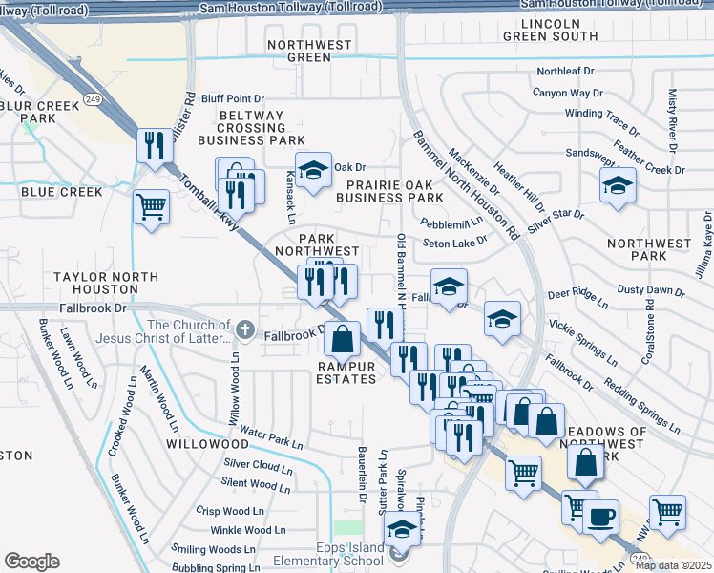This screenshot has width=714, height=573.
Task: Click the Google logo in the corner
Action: pos(32,562)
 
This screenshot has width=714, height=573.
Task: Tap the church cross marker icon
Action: pos(244,330)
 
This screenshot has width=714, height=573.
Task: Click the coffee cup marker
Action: pos(600,519)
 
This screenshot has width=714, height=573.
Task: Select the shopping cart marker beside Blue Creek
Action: pos(152,206)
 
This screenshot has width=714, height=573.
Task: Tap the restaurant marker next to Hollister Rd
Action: pos(153,146)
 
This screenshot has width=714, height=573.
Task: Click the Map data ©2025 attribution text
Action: pos(674,565)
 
